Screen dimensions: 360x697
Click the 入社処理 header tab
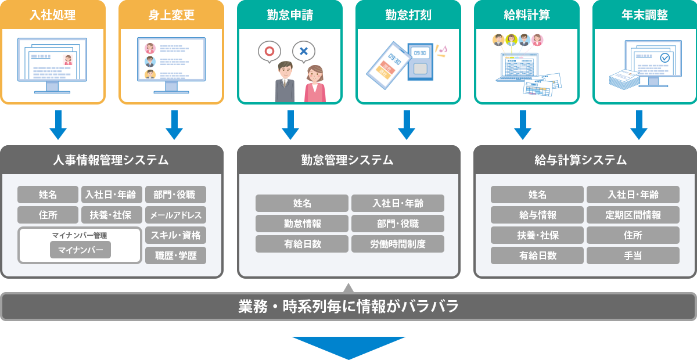click(53, 15)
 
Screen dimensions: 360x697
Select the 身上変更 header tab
click(171, 15)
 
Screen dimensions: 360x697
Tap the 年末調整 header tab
click(644, 15)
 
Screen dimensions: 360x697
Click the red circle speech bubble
click(269, 51)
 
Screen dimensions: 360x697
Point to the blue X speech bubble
click(303, 51)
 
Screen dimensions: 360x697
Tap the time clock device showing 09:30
click(420, 62)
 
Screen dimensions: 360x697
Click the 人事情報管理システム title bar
click(112, 160)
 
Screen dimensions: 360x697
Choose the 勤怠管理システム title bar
click(348, 160)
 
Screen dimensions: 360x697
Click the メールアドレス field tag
click(175, 215)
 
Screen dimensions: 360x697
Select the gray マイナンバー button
click(80, 250)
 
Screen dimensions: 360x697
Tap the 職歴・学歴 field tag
click(175, 255)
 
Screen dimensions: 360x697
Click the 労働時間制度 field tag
click(398, 244)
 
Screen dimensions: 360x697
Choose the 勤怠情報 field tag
click(302, 224)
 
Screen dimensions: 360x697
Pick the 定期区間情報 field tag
click(633, 215)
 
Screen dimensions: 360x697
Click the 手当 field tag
click(633, 255)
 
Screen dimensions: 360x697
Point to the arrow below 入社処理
click(58, 125)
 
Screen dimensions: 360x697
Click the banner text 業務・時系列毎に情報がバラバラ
click(348, 306)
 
